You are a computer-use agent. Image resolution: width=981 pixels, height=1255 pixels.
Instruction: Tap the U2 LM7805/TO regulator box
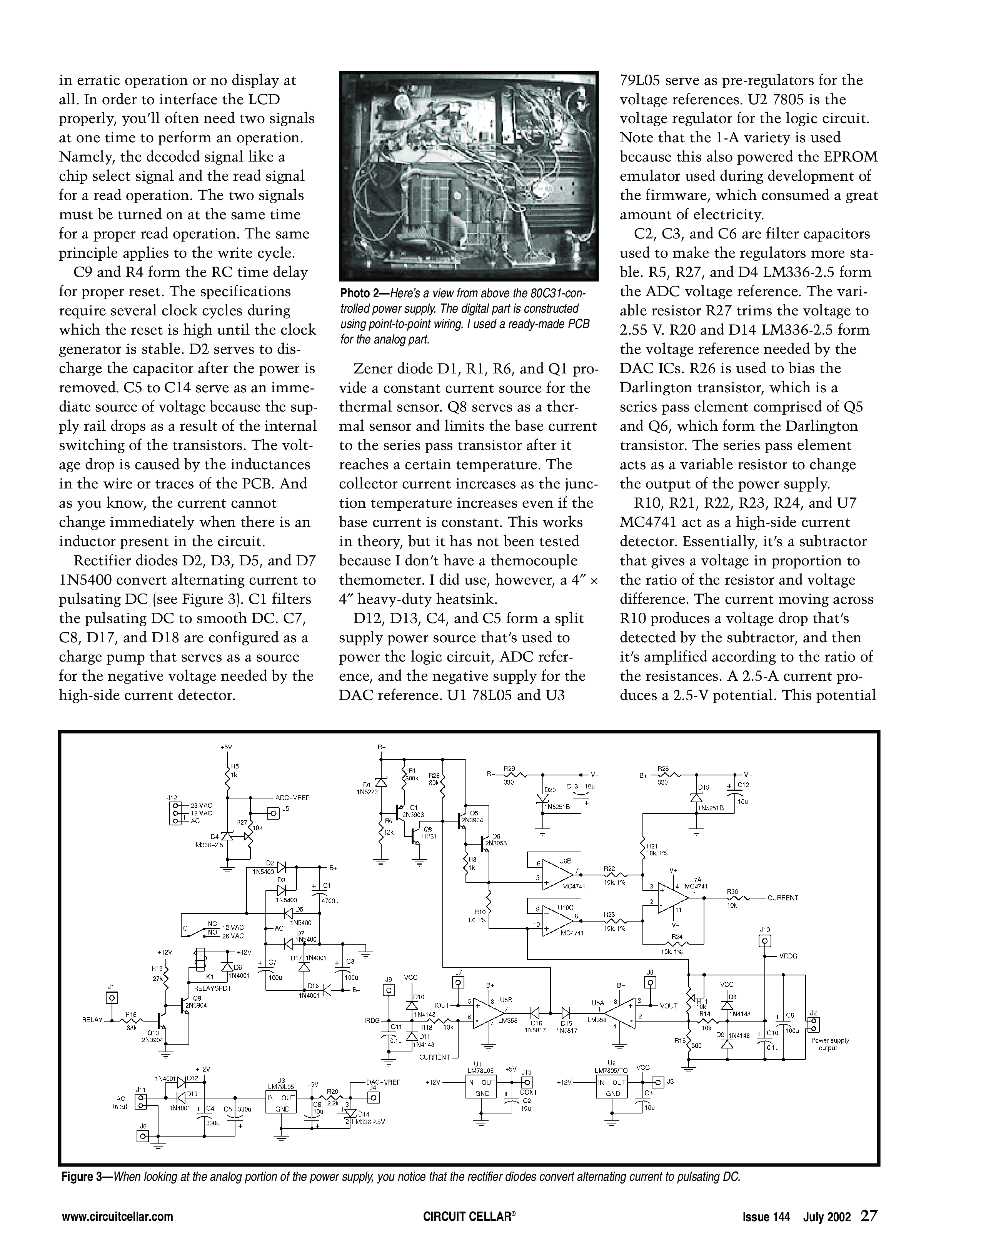coord(613,1088)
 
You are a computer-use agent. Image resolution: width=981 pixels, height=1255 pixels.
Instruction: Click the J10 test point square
coord(765,941)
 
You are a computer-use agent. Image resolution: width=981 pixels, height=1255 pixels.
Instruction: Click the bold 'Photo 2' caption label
coord(364,294)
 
